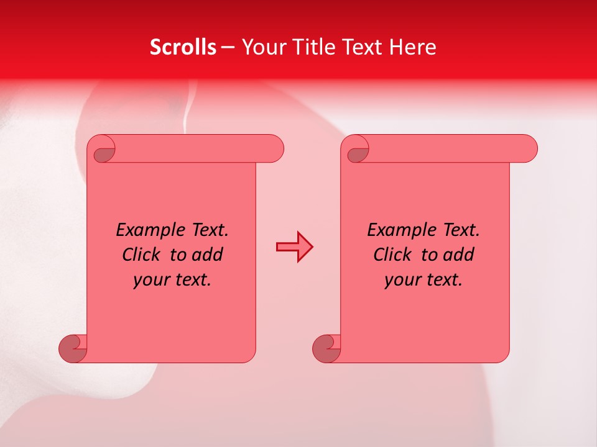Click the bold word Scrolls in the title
click(183, 47)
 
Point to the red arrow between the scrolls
click(294, 246)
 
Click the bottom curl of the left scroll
click(72, 349)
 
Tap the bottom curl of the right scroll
click(325, 349)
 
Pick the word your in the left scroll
click(152, 280)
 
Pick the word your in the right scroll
click(403, 280)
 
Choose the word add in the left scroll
click(208, 255)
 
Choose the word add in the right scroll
click(460, 255)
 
